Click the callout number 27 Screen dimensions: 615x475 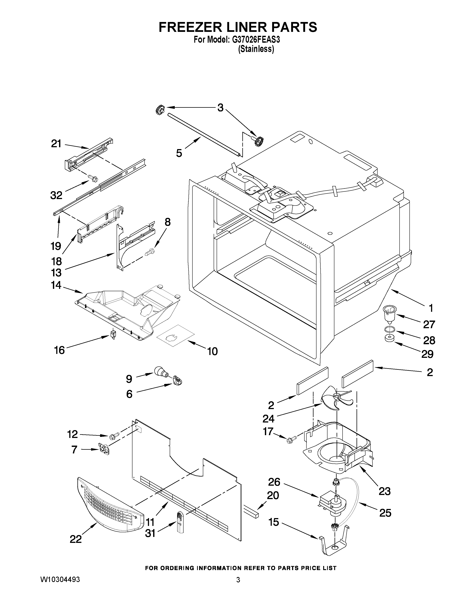click(x=429, y=324)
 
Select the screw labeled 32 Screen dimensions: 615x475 click(x=93, y=178)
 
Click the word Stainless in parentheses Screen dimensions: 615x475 click(x=256, y=49)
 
